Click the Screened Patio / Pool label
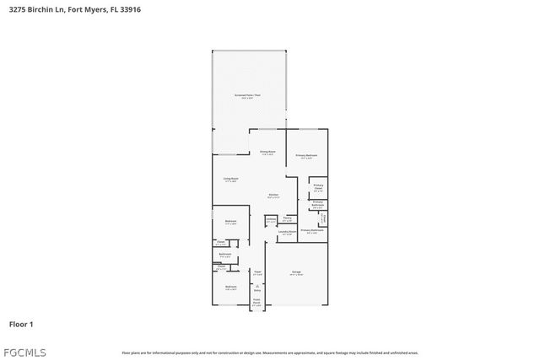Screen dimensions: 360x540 248,96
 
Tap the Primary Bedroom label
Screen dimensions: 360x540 306,156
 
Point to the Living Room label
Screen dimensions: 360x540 230,180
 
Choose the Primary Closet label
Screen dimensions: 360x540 318,186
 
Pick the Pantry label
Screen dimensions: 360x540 288,219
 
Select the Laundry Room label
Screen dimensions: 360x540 286,233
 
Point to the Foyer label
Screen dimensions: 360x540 257,272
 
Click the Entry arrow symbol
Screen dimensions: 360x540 257,287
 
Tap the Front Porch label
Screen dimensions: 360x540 256,302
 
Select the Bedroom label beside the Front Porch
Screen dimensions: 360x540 230,287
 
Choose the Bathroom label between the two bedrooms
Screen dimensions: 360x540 225,255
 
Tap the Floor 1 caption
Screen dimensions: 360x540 21,324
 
